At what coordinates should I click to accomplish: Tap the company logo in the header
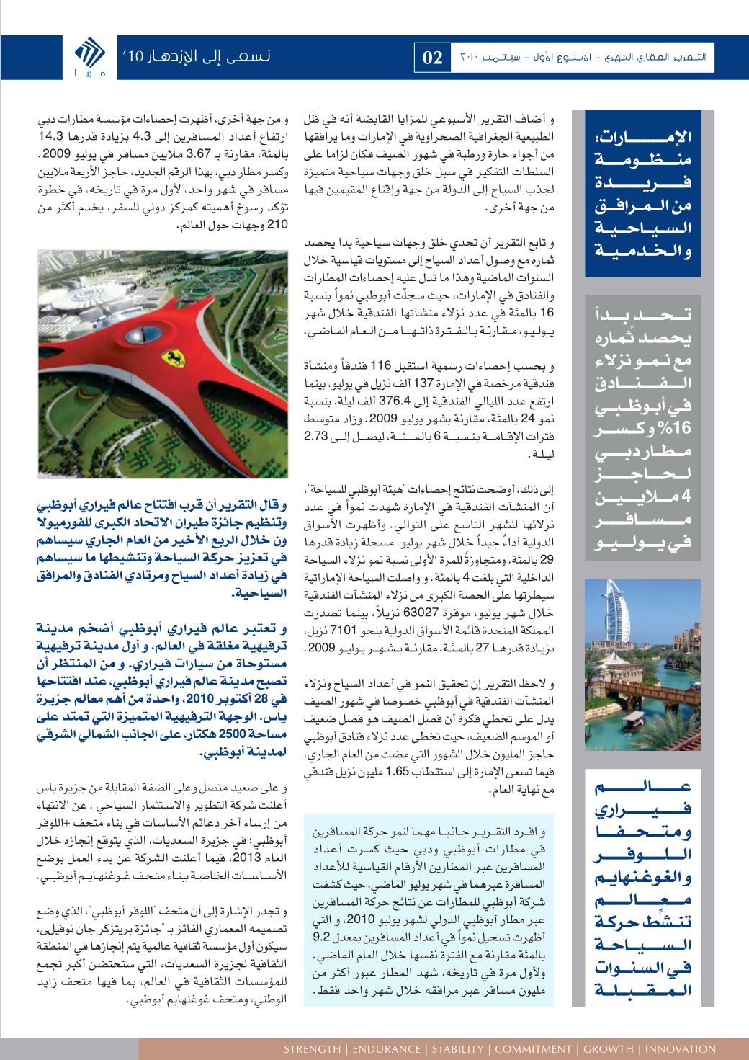[90, 58]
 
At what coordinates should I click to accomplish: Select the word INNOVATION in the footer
[681, 1048]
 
